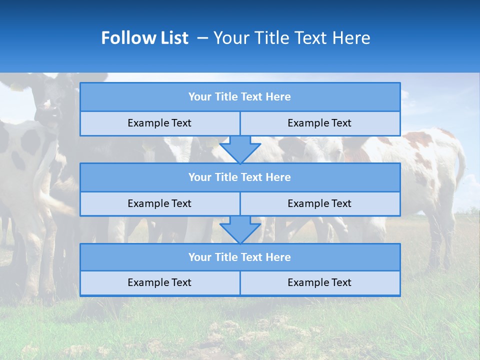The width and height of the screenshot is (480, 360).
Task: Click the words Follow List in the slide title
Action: click(144, 38)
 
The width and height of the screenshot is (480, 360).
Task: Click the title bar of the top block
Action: click(240, 97)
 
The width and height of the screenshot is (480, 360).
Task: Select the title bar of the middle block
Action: click(240, 177)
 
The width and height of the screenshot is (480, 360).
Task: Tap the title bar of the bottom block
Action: click(240, 257)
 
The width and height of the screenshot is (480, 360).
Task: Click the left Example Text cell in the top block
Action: click(159, 123)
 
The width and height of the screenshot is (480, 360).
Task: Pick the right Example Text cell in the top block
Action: click(320, 123)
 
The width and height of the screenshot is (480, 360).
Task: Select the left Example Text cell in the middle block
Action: click(159, 204)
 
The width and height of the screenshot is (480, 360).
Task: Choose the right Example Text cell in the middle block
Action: click(320, 204)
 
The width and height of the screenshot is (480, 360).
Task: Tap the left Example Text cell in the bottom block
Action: click(159, 283)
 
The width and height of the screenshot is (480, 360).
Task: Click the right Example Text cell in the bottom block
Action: click(320, 283)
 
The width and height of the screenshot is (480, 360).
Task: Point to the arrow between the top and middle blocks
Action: click(240, 149)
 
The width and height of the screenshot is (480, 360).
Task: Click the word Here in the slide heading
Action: click(352, 38)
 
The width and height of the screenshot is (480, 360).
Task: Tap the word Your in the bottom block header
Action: click(200, 257)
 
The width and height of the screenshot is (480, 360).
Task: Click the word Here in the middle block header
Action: click(278, 177)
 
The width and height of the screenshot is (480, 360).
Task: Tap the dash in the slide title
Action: click(203, 38)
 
